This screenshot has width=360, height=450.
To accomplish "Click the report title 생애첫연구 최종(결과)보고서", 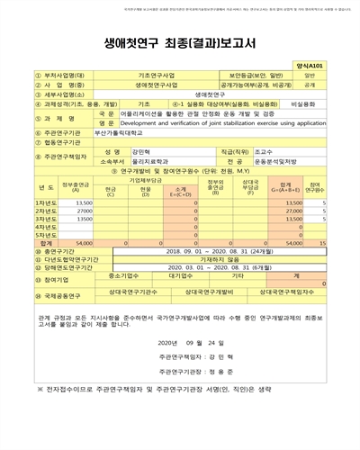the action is click(x=180, y=41).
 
